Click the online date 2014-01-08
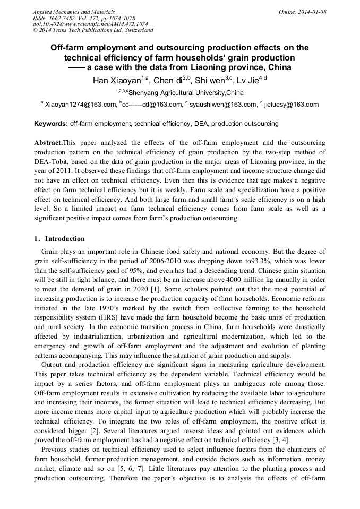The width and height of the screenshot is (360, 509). click(x=307, y=12)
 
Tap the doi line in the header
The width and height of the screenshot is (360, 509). click(x=90, y=24)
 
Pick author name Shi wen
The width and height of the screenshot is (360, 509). click(x=208, y=81)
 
